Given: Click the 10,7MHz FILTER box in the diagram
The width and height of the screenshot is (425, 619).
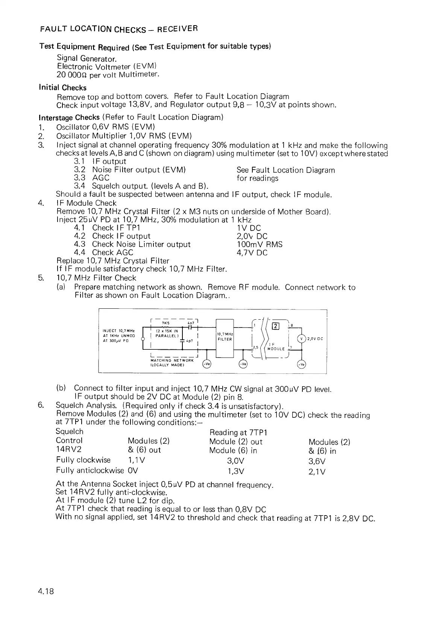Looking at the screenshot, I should coord(225,337).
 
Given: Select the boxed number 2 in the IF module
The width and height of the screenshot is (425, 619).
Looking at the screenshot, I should coord(275,326).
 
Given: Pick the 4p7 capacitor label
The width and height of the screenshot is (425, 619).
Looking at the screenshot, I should coord(190,341).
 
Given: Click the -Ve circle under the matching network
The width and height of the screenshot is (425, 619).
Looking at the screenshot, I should coord(207,364).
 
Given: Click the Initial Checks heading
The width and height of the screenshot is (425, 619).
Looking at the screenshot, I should coord(62,88).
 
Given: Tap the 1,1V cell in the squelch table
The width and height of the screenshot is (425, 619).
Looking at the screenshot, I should coord(137,460).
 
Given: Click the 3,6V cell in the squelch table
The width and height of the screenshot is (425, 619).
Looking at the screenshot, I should coord(317,461).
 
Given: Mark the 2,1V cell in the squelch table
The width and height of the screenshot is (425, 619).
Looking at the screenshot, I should coord(317,472).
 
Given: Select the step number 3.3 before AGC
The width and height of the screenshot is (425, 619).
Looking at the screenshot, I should coord(79,178).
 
